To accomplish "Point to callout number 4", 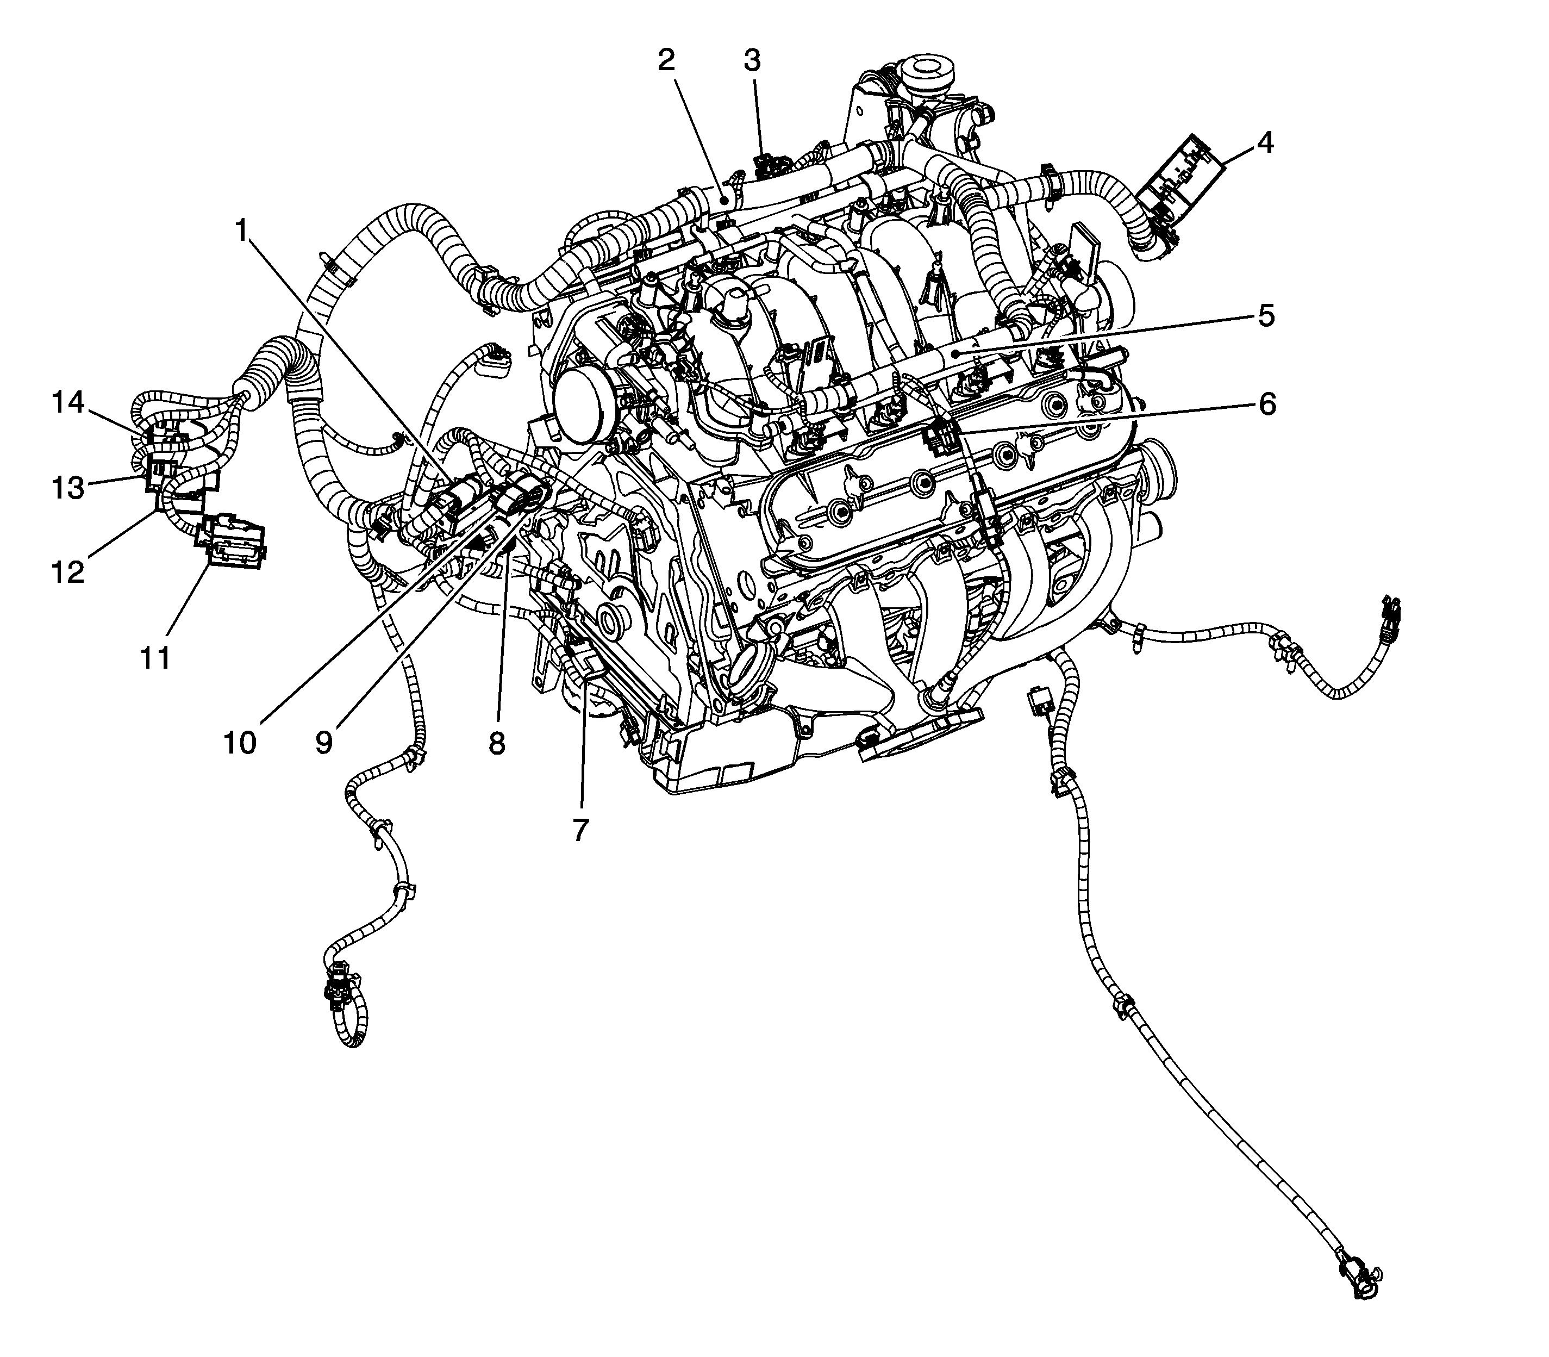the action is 1264,142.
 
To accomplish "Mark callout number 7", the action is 580,830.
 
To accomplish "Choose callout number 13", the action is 68,487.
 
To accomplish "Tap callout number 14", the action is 68,402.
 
